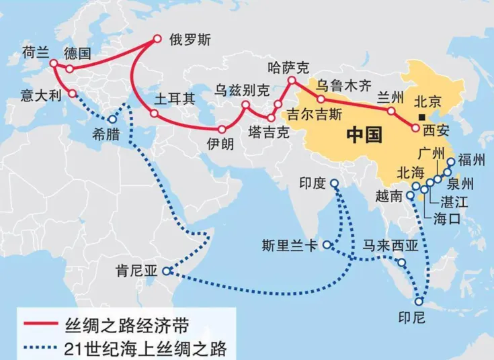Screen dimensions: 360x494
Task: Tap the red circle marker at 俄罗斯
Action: coord(157,38)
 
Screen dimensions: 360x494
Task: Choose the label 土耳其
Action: coord(175,99)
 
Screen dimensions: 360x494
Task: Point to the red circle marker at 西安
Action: coord(415,127)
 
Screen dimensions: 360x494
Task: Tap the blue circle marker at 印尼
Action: coord(420,302)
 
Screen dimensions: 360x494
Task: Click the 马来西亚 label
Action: coord(390,245)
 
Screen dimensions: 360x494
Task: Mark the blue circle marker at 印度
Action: coord(334,183)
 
